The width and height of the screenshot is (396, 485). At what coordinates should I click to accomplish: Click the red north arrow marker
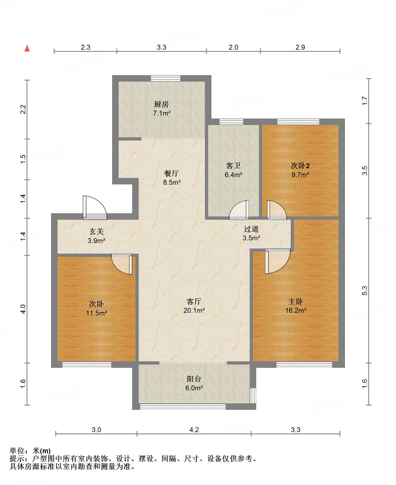coord(27,48)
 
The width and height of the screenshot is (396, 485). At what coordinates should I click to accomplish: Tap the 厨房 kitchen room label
coord(161,104)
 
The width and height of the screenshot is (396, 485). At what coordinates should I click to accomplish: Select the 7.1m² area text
coord(162,113)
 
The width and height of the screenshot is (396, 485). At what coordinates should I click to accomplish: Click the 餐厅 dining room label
coord(172,173)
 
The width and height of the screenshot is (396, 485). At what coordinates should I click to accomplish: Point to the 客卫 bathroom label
coord(233,165)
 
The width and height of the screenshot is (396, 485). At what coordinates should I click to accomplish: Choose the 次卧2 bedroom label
coord(300,165)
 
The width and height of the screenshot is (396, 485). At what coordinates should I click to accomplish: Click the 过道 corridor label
coord(251,229)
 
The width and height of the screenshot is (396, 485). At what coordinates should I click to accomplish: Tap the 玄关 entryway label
coord(97,231)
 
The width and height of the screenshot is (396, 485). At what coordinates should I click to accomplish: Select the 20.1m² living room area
coord(194,310)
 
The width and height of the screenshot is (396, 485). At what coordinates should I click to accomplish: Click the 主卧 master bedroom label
coord(296,301)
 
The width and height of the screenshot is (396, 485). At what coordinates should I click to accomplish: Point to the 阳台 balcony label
coord(194,379)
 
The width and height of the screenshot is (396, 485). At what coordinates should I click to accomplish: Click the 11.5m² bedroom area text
coord(97,313)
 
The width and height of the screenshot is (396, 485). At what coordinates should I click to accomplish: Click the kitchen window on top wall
coord(166,78)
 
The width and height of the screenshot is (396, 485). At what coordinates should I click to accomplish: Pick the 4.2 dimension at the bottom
coord(194,430)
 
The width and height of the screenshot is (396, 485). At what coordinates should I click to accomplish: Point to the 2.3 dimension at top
coord(85,47)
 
